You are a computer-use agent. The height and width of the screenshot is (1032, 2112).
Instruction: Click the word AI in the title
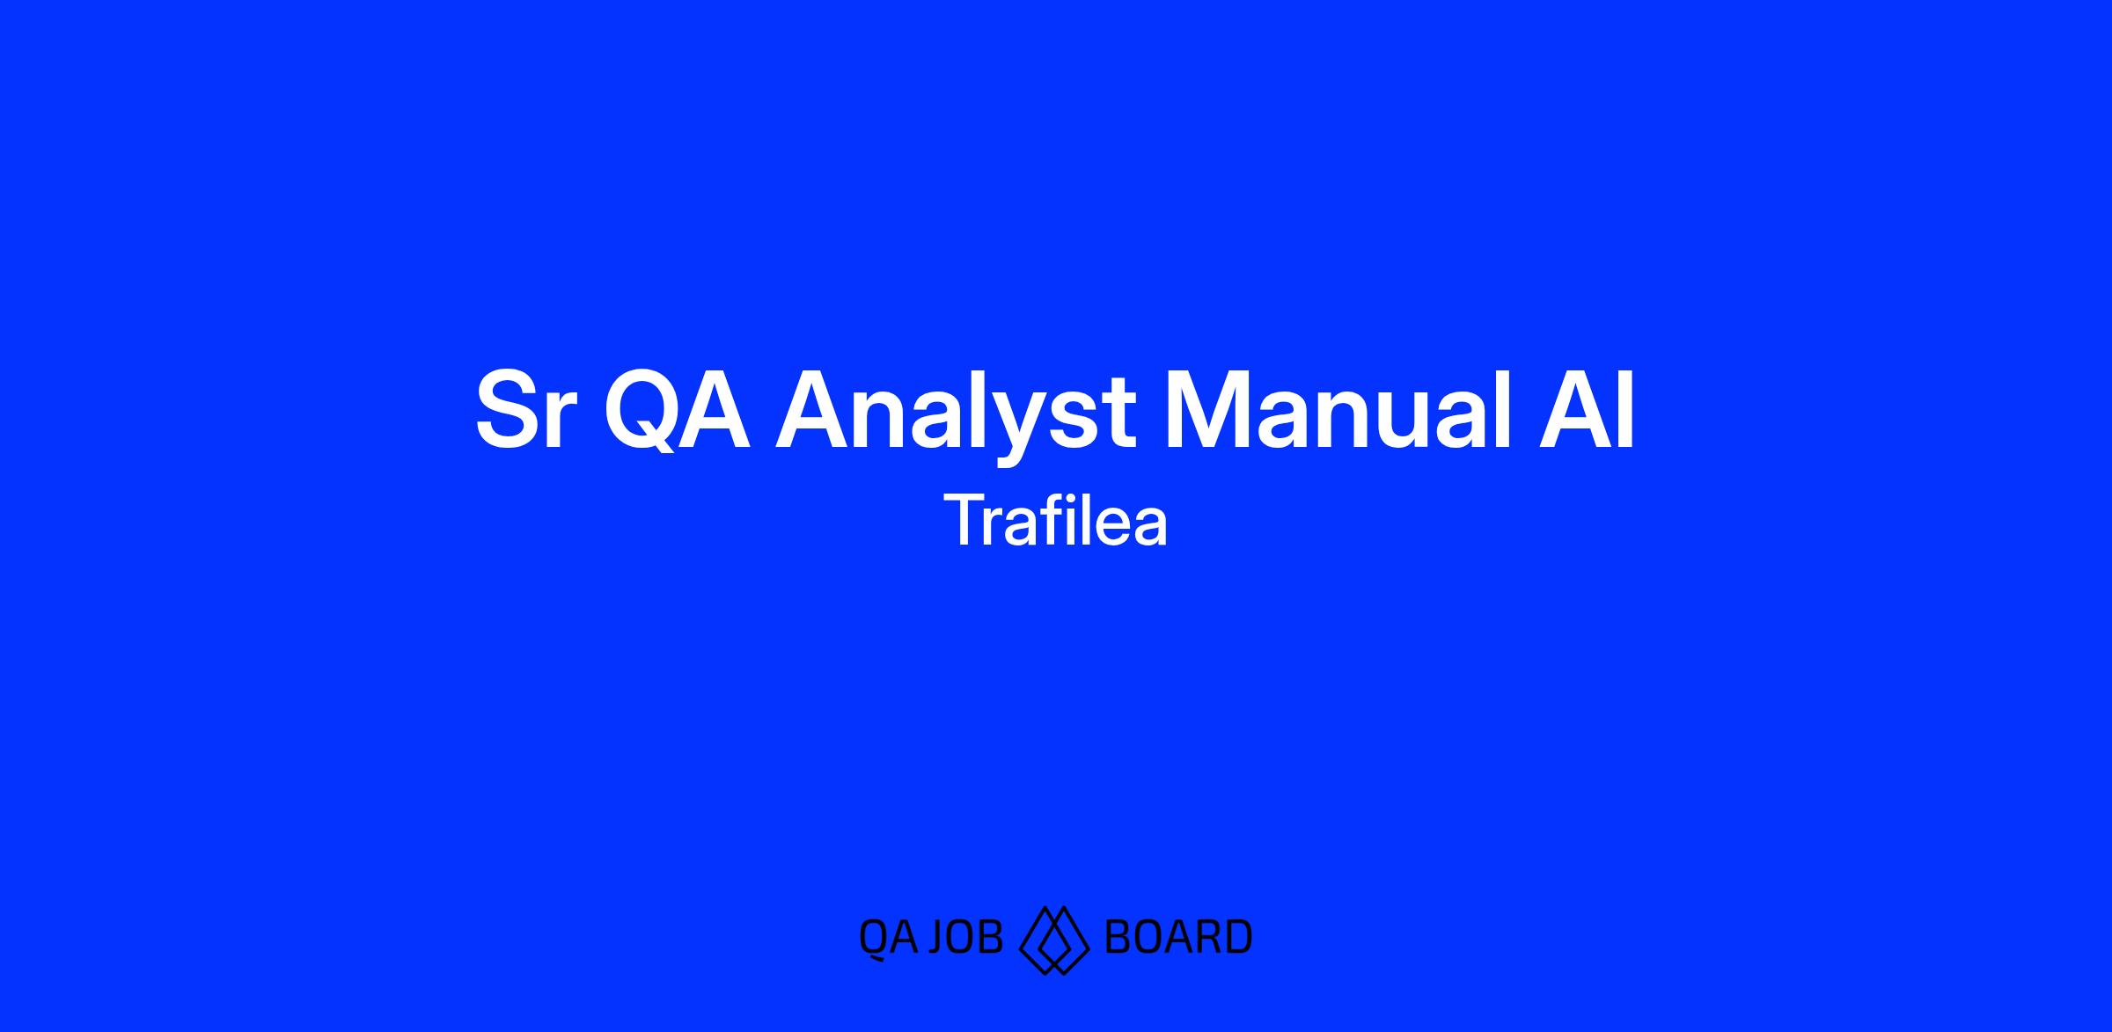tap(1587, 410)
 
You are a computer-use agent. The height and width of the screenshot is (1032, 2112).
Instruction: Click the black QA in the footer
tap(889, 937)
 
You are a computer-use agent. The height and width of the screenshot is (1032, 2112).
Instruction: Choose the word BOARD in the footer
tap(1178, 937)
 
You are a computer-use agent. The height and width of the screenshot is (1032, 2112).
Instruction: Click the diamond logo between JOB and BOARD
tap(1054, 940)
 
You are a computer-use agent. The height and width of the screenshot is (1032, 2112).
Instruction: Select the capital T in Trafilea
tap(965, 520)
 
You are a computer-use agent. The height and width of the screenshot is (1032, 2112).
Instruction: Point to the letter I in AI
tap(1628, 410)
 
